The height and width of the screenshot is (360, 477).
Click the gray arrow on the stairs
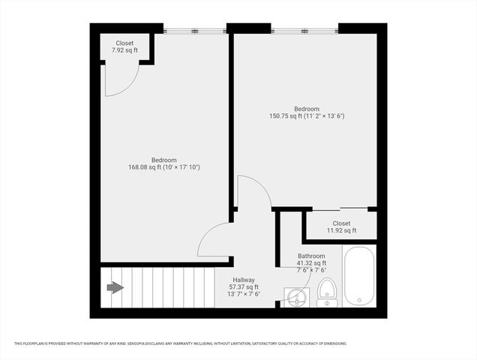[x=115, y=287]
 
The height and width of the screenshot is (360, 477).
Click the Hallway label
[x=244, y=280]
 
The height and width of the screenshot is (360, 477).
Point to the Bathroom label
[x=311, y=256]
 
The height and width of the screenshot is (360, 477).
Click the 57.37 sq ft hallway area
[x=244, y=287]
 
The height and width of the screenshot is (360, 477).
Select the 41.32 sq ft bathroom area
[x=311, y=263]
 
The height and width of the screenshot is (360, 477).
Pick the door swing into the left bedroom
[x=214, y=240]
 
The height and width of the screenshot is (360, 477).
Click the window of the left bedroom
[x=195, y=31]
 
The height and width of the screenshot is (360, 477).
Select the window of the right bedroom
[x=304, y=31]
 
